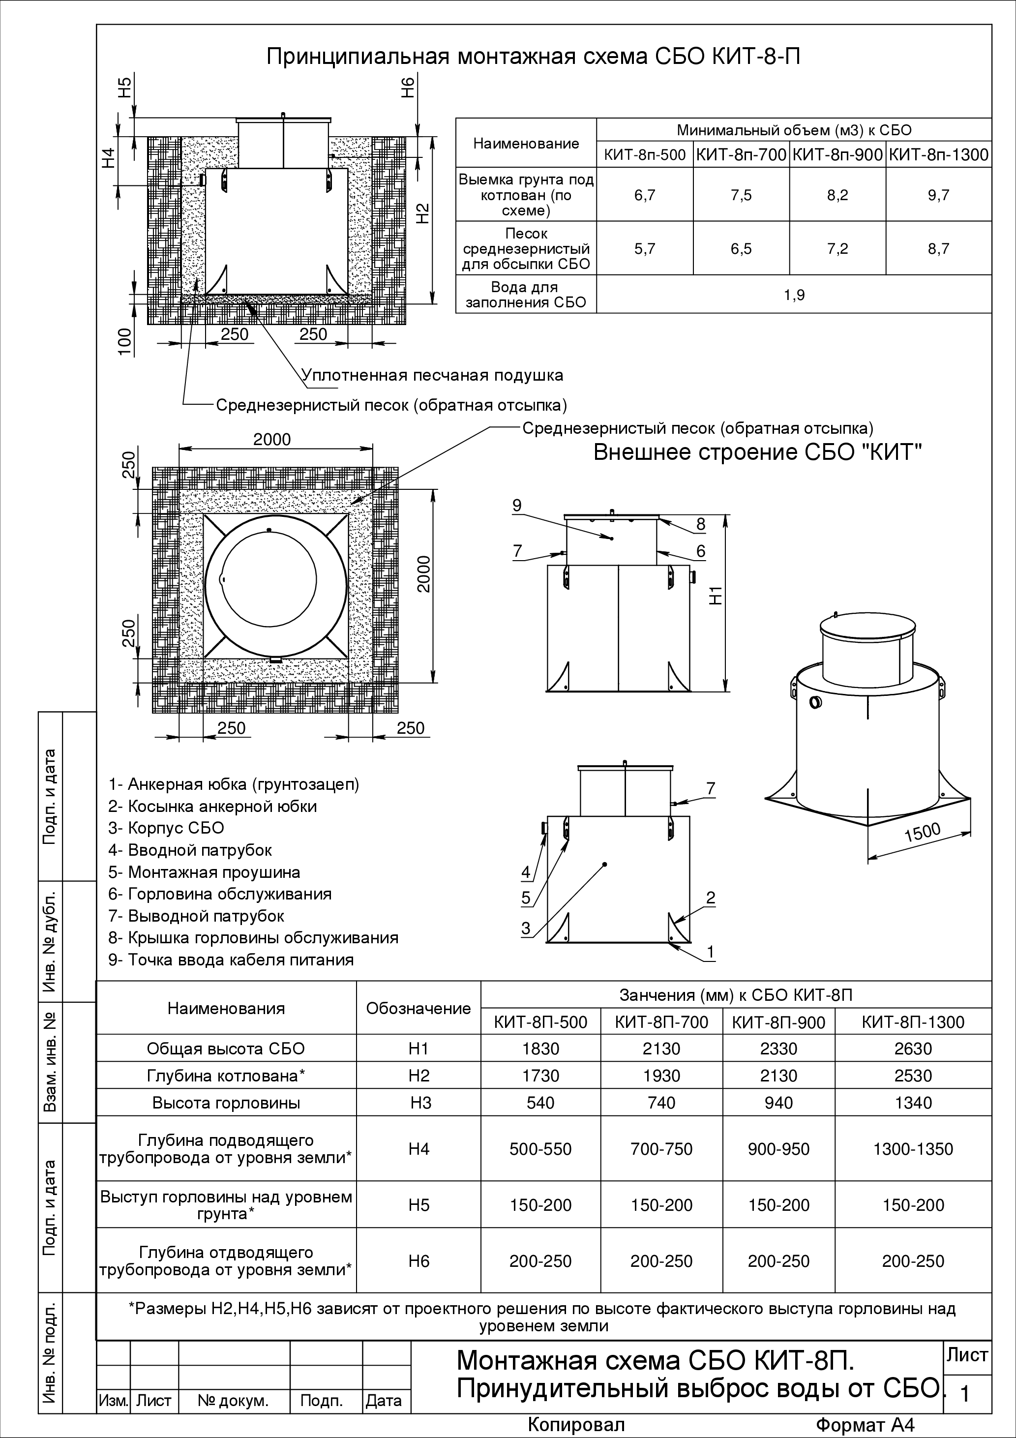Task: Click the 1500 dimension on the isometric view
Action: pyautogui.click(x=923, y=832)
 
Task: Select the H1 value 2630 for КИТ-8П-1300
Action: pyautogui.click(x=913, y=1049)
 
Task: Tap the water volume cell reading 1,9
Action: pyautogui.click(x=794, y=295)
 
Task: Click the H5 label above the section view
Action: pyautogui.click(x=126, y=87)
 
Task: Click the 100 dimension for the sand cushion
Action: pyautogui.click(x=126, y=341)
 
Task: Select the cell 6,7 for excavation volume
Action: pyautogui.click(x=645, y=195)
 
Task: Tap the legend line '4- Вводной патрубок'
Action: pyautogui.click(x=190, y=850)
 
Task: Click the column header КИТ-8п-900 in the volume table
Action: pyautogui.click(x=837, y=155)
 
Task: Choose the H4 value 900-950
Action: pyautogui.click(x=778, y=1149)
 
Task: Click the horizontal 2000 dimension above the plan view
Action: pyautogui.click(x=272, y=439)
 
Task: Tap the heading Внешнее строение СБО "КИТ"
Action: pyautogui.click(x=757, y=452)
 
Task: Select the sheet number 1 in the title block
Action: pyautogui.click(x=965, y=1395)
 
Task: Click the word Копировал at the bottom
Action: pyautogui.click(x=576, y=1425)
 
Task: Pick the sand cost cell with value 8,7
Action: pyautogui.click(x=938, y=249)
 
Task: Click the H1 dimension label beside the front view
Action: pyautogui.click(x=717, y=595)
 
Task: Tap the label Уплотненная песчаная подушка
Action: pyautogui.click(x=433, y=375)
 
